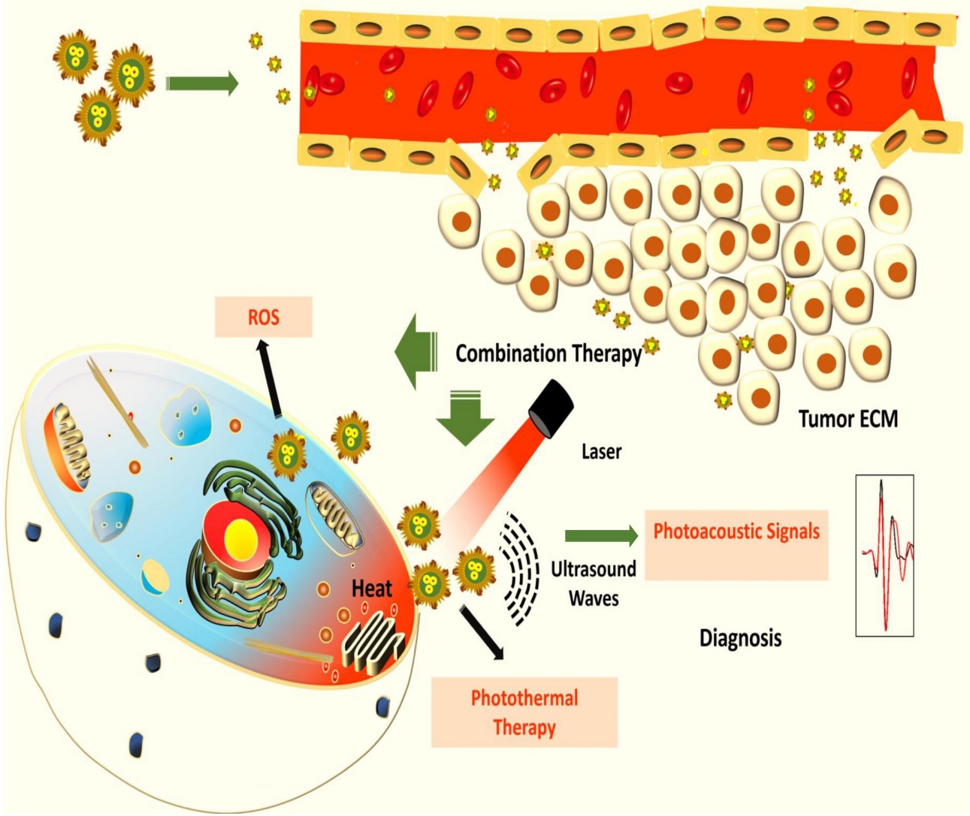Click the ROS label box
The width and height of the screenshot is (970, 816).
pyautogui.click(x=263, y=317)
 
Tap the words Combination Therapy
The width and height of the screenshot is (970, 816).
pyautogui.click(x=548, y=354)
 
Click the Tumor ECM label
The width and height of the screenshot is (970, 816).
pyautogui.click(x=848, y=418)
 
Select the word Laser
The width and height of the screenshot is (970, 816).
pyautogui.click(x=601, y=452)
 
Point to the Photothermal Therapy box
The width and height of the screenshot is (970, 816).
pyautogui.click(x=524, y=712)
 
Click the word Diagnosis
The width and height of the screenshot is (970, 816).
pyautogui.click(x=740, y=638)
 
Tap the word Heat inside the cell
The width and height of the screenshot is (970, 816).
pyautogui.click(x=371, y=589)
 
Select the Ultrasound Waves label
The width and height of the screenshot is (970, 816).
pyautogui.click(x=593, y=583)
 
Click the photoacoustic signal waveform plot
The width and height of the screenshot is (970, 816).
pyautogui.click(x=884, y=556)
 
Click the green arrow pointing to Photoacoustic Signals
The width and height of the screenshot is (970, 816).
pyautogui.click(x=600, y=535)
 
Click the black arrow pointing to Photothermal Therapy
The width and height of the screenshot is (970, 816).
pyautogui.click(x=482, y=632)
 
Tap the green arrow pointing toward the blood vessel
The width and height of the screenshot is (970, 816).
pyautogui.click(x=201, y=84)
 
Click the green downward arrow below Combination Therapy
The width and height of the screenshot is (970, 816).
pyautogui.click(x=465, y=418)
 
